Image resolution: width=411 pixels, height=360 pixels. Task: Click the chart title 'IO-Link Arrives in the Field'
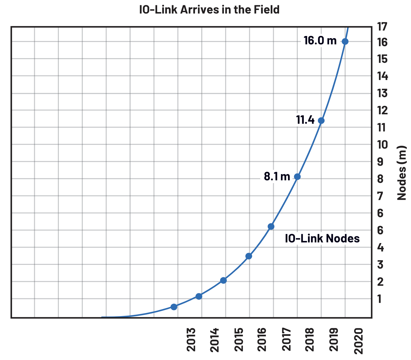click(209, 10)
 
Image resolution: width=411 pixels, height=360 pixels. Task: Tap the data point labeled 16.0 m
click(345, 42)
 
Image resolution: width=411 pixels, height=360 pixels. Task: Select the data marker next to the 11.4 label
click(321, 121)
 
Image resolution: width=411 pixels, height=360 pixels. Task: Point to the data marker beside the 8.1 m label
click(297, 177)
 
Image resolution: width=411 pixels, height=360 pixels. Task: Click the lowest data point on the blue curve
click(174, 307)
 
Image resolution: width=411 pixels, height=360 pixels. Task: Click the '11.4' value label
click(305, 120)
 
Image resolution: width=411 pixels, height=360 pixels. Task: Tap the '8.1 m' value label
click(277, 177)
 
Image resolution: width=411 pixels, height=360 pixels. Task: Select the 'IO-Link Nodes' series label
click(322, 239)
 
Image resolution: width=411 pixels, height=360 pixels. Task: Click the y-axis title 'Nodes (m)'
click(402, 173)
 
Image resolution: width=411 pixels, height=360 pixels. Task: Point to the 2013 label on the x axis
click(191, 340)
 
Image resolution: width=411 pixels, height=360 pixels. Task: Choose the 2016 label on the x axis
click(262, 340)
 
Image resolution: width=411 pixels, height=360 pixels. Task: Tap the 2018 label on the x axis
click(310, 340)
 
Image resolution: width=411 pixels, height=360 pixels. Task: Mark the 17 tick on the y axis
click(382, 27)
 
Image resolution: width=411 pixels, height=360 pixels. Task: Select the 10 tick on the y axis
click(382, 145)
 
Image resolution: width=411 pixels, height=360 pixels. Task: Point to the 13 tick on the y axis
click(382, 93)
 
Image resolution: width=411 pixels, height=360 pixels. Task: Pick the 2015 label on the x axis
click(239, 340)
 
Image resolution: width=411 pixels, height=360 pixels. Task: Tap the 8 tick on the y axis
click(380, 179)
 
